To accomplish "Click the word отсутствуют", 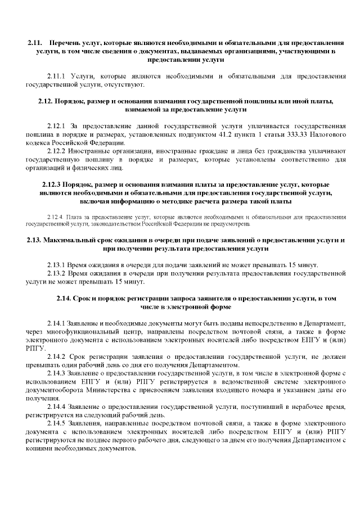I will [124, 85].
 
